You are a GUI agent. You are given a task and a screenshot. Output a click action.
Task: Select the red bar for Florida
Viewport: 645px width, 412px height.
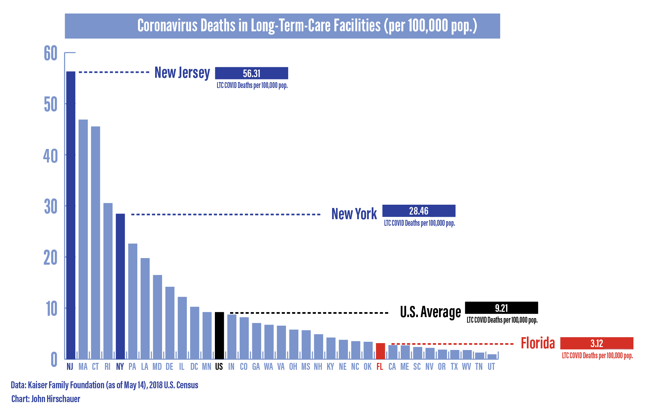[x=380, y=351]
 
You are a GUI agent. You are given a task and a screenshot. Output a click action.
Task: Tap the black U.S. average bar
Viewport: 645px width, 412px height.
[x=219, y=336]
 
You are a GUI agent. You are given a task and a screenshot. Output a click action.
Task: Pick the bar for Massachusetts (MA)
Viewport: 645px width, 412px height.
[x=83, y=239]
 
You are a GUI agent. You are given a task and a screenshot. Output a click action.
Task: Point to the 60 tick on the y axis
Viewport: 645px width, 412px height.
[x=51, y=53]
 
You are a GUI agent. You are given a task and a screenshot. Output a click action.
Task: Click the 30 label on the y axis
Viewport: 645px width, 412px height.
[x=51, y=207]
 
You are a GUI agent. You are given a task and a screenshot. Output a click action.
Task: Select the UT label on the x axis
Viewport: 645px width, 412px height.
[x=491, y=367]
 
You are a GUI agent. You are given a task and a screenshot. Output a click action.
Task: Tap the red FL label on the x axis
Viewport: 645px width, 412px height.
[x=380, y=367]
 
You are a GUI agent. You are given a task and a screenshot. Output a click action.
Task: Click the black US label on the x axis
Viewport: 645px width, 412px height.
[x=219, y=367]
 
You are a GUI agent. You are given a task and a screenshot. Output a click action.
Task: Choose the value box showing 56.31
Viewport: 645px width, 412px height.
[x=252, y=73]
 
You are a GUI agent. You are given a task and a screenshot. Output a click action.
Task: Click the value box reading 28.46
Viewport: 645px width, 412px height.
[x=419, y=211]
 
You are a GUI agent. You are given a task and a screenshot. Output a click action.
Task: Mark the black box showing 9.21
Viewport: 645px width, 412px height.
[x=501, y=308]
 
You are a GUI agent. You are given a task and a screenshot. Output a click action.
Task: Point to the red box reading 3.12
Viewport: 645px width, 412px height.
[x=596, y=343]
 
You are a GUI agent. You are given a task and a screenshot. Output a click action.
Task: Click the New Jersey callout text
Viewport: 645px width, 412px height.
[x=182, y=73]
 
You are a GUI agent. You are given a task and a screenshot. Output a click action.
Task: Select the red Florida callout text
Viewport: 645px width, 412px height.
[x=538, y=343]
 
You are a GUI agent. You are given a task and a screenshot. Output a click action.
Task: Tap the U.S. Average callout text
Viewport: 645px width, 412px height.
[x=430, y=312]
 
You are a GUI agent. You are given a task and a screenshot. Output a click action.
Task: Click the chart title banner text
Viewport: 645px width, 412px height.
[x=307, y=26]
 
